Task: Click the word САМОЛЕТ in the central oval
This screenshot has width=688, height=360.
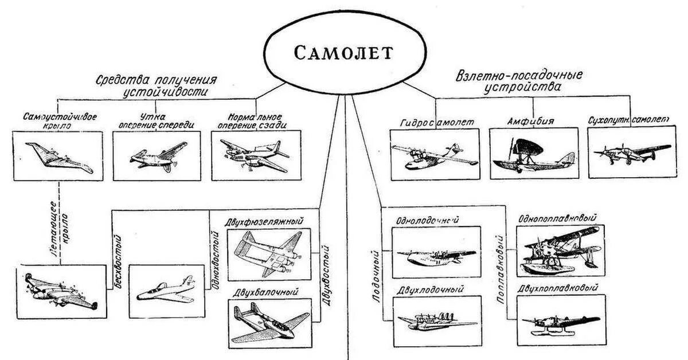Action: click(x=344, y=53)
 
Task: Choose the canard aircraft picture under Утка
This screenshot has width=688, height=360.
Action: click(x=157, y=156)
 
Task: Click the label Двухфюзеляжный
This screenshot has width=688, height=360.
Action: click(x=265, y=221)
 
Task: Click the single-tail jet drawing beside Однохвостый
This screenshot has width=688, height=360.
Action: click(x=166, y=290)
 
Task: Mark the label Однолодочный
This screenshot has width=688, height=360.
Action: click(x=429, y=220)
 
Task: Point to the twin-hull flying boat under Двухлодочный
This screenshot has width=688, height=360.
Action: click(x=436, y=317)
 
